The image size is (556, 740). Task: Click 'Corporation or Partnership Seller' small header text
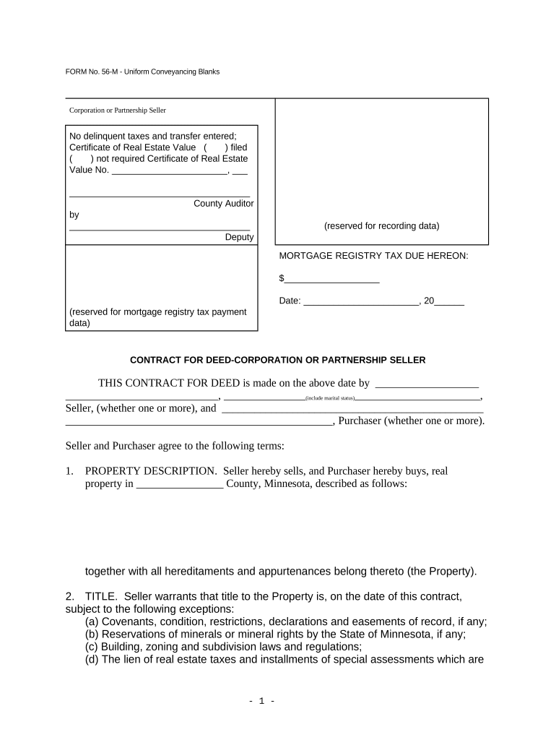coord(117,111)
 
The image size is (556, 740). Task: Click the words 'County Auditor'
coord(223,204)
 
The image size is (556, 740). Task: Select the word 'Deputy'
coord(239,237)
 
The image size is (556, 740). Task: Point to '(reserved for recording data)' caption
coord(381,225)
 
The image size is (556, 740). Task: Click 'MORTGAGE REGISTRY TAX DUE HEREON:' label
coord(373,256)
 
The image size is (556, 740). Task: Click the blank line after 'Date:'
coord(361,303)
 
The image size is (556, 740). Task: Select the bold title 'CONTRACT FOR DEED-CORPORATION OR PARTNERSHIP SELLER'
coord(277,360)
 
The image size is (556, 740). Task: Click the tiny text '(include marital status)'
coord(329,399)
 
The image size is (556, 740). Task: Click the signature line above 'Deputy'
coord(160,229)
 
